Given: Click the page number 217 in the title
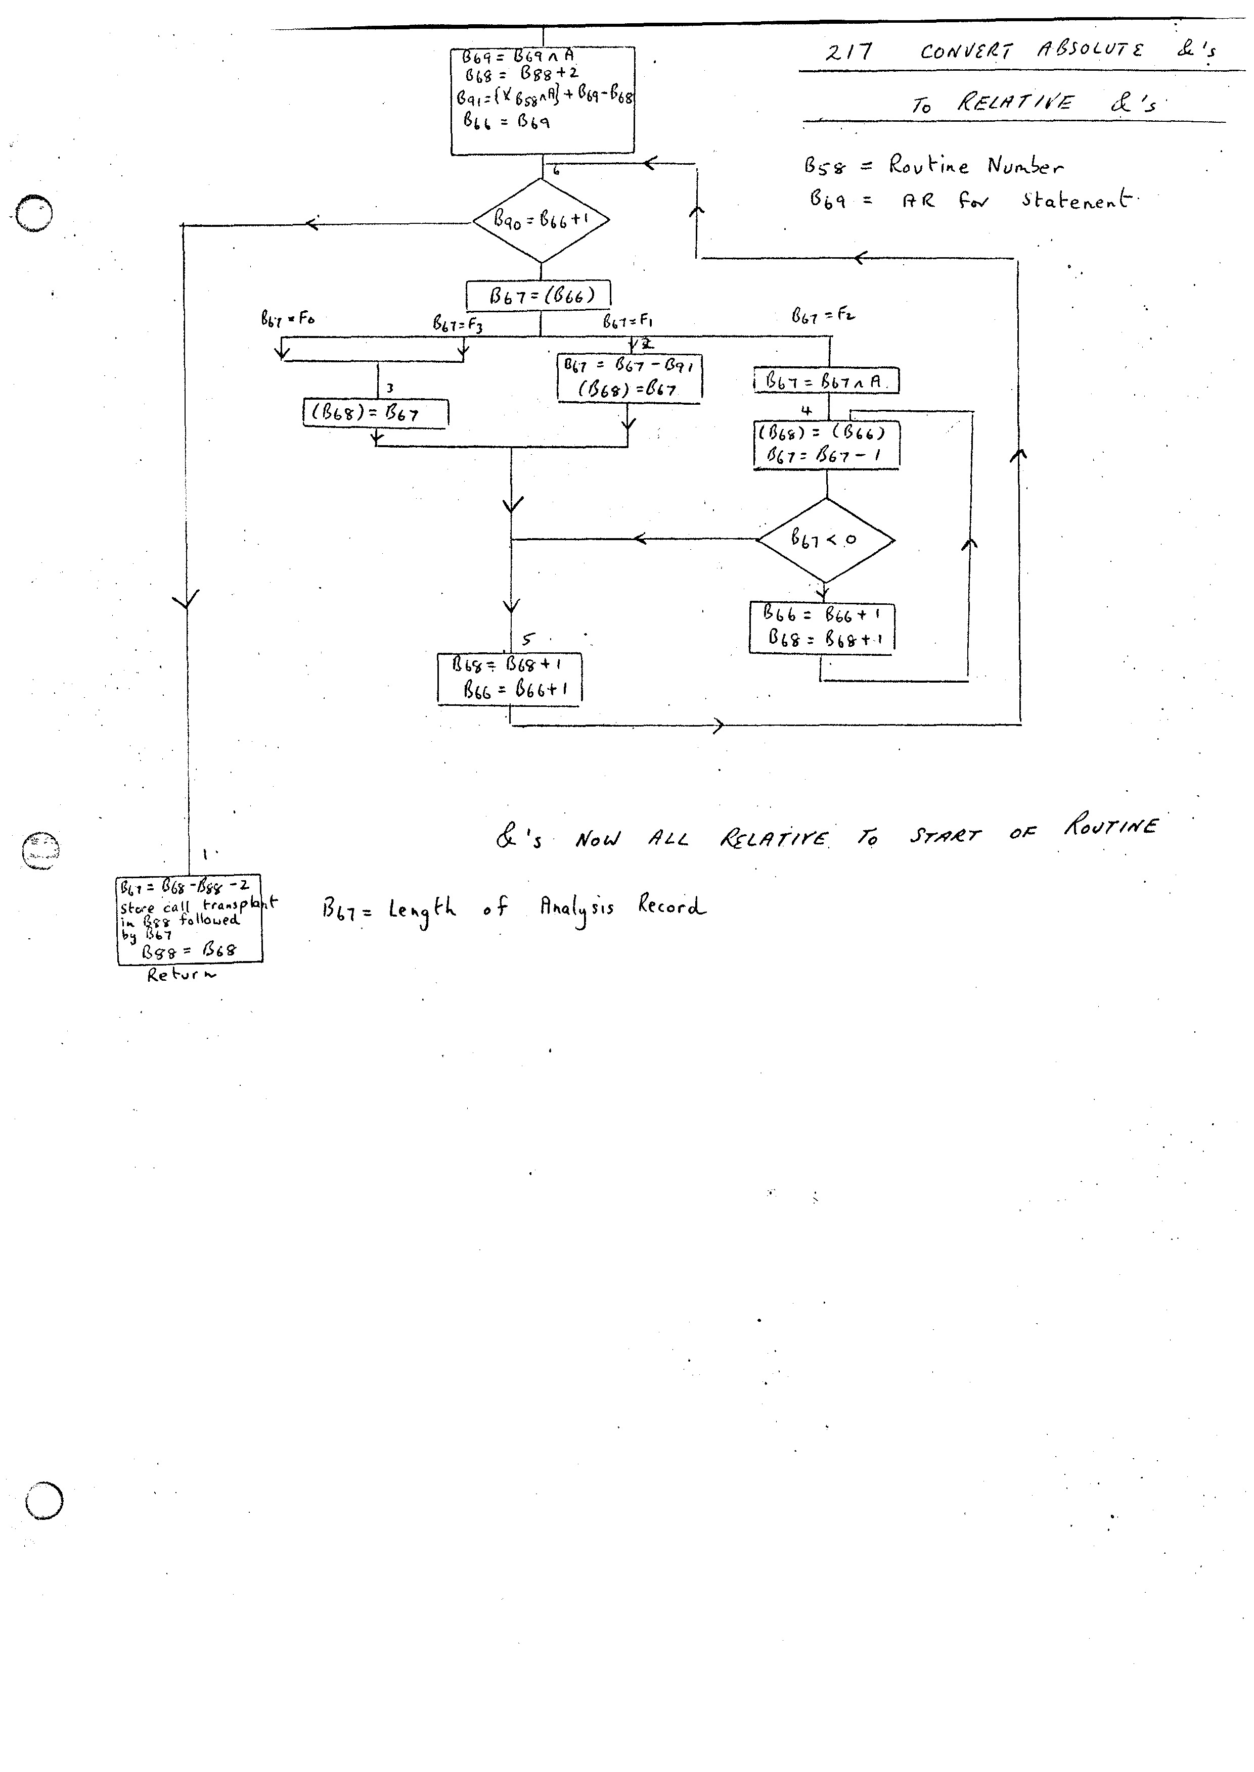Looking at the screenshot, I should (x=848, y=53).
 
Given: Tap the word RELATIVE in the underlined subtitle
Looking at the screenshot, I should (x=1014, y=103).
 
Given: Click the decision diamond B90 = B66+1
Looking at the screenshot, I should (x=541, y=221).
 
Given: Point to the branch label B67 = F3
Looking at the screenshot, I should (x=458, y=324).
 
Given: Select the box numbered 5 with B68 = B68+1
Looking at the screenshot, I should (x=510, y=678).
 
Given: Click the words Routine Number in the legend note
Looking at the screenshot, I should (x=974, y=165).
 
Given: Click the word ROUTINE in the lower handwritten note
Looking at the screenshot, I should (x=1110, y=827).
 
